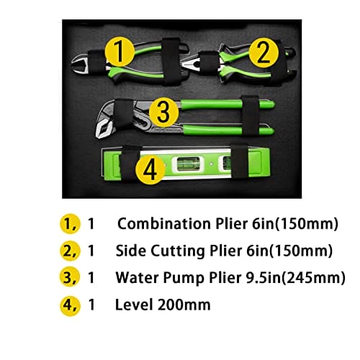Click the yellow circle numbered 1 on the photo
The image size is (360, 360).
(120, 53)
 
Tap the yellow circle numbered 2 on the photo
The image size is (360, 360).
(264, 53)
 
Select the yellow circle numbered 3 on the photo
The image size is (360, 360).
(164, 112)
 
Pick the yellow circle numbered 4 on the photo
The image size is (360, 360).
(150, 170)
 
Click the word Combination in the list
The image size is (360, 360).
(164, 224)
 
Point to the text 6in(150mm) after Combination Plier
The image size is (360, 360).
(295, 224)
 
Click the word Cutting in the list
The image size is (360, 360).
(178, 251)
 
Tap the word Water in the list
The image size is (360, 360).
(138, 278)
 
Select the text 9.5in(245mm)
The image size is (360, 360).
(296, 278)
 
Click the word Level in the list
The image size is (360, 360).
(134, 305)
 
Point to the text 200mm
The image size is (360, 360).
(184, 305)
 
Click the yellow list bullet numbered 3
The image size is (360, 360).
(70, 277)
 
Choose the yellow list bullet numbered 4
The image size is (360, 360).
(70, 305)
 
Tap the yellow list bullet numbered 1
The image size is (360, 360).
(70, 223)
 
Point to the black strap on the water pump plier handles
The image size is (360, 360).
(250, 116)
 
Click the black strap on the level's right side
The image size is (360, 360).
(239, 161)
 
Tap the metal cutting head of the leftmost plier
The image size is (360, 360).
(80, 63)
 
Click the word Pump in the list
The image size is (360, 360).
(184, 279)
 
